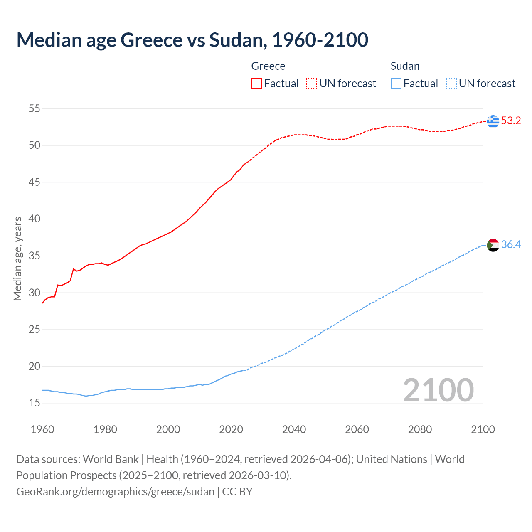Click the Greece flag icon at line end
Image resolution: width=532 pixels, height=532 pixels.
(493, 121)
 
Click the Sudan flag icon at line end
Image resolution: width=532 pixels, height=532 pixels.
(493, 245)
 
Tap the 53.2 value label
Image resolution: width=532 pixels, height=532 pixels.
(511, 121)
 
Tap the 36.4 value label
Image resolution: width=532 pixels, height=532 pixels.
(511, 245)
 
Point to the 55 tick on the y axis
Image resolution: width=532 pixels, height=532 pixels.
(34, 109)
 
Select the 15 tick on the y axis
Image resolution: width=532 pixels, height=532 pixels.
(34, 403)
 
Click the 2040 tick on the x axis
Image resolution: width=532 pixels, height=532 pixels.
(294, 429)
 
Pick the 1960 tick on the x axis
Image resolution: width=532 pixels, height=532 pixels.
(42, 429)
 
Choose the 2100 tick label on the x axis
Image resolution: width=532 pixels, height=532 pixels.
(483, 429)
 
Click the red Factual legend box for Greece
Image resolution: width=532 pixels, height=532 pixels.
(256, 84)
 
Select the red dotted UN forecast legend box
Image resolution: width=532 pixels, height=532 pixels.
(312, 84)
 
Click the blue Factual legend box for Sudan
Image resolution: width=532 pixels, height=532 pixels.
(396, 84)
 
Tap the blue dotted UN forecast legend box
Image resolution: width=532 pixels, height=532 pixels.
(451, 84)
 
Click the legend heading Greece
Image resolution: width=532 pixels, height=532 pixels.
(268, 66)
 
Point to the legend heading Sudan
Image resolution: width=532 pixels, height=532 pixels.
(405, 66)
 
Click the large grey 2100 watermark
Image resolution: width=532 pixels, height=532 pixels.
(438, 390)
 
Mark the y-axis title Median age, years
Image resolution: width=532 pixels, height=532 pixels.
(17, 259)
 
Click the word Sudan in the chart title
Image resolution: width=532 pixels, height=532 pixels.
(236, 40)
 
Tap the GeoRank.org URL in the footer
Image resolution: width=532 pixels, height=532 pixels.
(115, 492)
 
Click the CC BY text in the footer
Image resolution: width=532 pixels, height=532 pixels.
(237, 492)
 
